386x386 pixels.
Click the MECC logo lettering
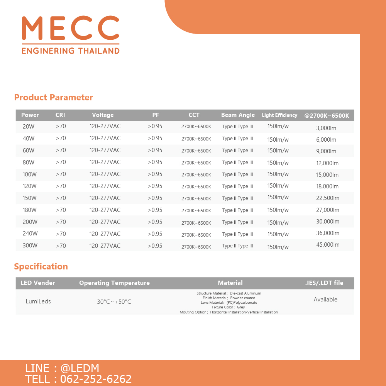(70, 28)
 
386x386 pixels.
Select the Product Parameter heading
(53, 97)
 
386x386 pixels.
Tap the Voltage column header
(103, 115)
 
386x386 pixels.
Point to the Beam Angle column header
(238, 115)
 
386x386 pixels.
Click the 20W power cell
(29, 126)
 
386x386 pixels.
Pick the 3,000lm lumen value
(326, 128)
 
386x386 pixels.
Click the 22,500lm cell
(328, 198)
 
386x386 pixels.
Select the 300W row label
(30, 246)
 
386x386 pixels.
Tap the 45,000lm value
(328, 245)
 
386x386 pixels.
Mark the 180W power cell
(30, 210)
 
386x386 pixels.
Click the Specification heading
(41, 266)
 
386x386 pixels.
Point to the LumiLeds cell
(38, 301)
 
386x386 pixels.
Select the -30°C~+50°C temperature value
(113, 302)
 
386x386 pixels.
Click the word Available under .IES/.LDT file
(325, 300)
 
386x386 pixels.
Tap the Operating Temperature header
(114, 283)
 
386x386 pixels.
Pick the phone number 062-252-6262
(96, 379)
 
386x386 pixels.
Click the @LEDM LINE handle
(80, 368)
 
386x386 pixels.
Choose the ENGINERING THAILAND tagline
(70, 51)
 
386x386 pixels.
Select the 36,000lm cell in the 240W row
(328, 233)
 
